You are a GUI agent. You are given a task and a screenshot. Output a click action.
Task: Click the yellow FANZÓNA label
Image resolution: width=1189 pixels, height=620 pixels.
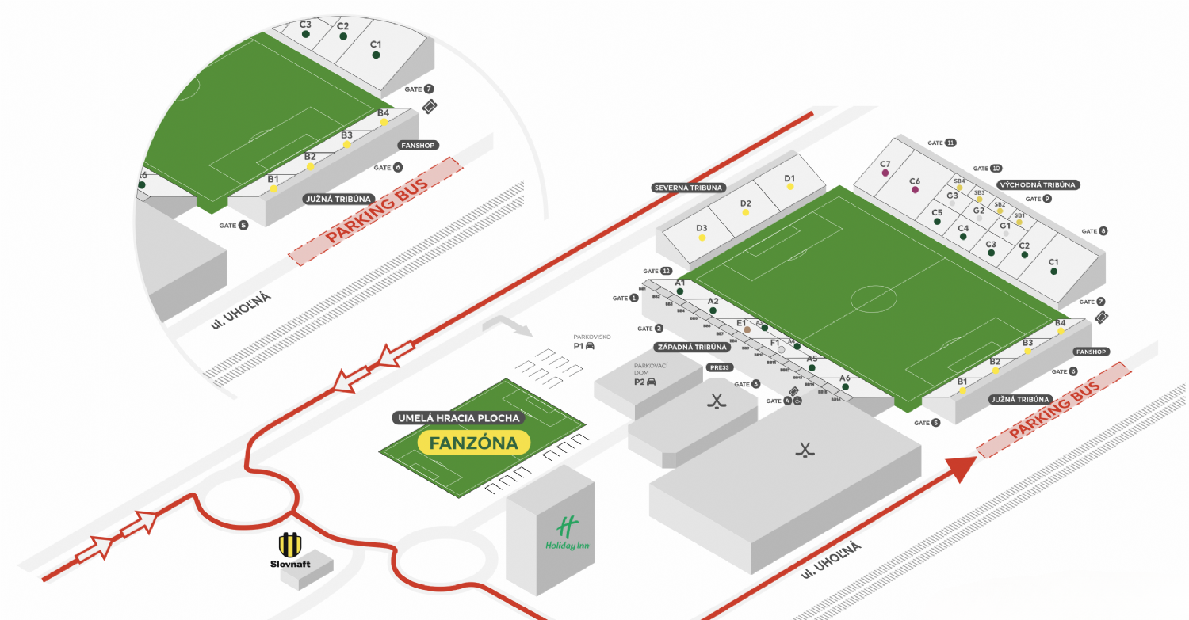click(x=473, y=443)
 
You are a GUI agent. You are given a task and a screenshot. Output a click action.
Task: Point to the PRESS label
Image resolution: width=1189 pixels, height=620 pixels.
click(x=720, y=367)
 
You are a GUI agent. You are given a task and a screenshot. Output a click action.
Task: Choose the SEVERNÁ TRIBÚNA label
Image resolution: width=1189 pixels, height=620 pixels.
click(x=689, y=188)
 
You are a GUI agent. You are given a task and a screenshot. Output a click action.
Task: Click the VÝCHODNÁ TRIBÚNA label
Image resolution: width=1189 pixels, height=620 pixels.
click(x=1039, y=184)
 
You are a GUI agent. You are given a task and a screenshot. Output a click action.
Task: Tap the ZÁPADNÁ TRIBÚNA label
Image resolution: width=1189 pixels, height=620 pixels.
click(x=691, y=347)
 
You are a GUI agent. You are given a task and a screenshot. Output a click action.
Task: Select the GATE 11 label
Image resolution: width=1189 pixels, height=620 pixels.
click(x=942, y=143)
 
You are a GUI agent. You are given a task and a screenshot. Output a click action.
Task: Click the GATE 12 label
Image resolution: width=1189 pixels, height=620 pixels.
click(x=658, y=271)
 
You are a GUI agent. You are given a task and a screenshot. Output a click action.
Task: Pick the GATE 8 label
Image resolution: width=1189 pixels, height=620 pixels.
click(x=1095, y=231)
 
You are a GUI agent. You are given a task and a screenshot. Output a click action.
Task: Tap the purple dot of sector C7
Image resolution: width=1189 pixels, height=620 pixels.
click(x=885, y=173)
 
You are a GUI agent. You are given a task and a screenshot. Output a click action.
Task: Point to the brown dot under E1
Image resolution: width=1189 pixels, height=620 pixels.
click(x=747, y=329)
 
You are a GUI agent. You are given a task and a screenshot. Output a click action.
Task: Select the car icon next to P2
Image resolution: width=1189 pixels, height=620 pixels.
click(x=652, y=382)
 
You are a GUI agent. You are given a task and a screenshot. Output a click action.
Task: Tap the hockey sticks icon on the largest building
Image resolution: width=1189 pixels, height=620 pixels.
click(x=805, y=451)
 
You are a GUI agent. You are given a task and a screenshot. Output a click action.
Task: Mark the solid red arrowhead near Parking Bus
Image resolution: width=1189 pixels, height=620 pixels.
click(x=960, y=468)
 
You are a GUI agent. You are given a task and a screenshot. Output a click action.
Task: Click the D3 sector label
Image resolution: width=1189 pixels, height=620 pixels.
click(x=702, y=228)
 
